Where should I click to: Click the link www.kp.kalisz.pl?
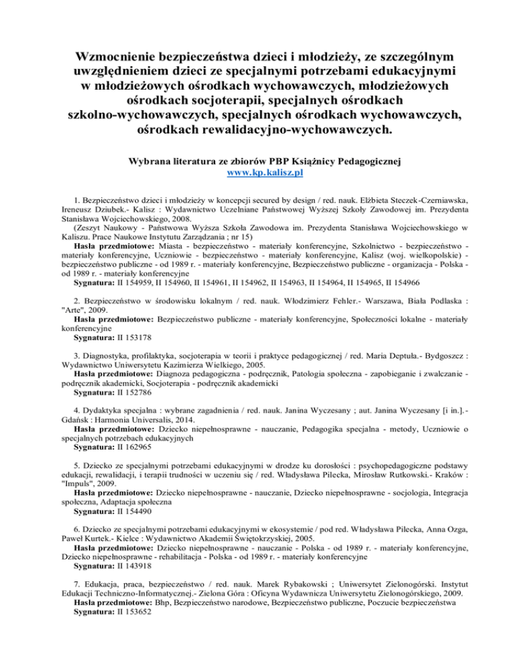[x=259, y=172]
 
